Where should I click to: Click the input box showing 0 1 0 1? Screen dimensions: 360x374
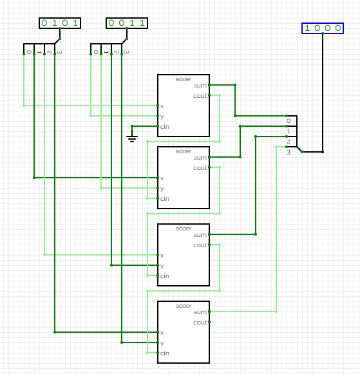60,23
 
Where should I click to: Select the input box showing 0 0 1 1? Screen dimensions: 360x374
127,23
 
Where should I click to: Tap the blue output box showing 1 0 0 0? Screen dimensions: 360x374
323,28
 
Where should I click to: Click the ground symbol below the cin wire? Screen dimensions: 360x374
132,138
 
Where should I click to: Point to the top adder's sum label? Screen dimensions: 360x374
200,86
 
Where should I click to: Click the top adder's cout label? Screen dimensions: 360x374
200,96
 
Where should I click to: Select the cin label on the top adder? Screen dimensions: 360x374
165,127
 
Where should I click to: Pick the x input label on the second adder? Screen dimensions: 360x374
162,178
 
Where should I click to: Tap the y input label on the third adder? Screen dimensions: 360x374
162,266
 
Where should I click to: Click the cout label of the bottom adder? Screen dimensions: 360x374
200,323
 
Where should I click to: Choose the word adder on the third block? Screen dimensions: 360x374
184,229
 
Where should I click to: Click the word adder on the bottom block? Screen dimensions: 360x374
184,306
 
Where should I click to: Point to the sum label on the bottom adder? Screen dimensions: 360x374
200,312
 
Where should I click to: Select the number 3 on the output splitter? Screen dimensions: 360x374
289,153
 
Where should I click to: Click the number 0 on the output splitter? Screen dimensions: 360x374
289,121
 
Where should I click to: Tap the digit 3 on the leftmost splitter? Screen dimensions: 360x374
59,52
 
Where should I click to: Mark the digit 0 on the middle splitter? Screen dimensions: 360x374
96,52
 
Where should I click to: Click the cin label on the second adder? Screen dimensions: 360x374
165,199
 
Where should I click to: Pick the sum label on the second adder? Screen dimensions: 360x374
200,158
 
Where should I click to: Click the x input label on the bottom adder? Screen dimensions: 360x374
162,333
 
